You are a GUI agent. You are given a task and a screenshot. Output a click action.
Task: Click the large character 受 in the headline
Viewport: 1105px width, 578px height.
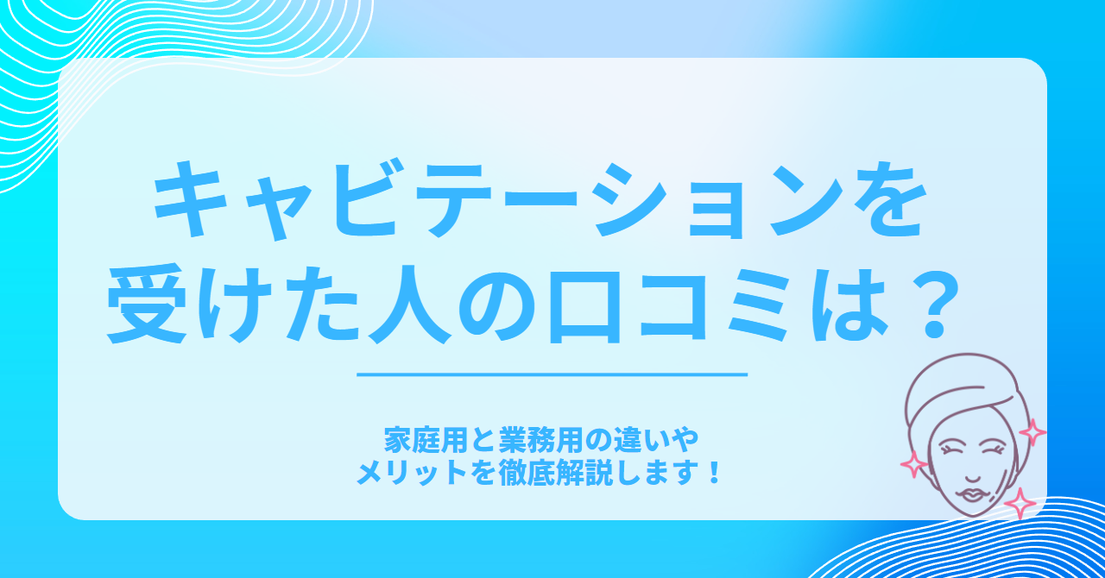(147, 305)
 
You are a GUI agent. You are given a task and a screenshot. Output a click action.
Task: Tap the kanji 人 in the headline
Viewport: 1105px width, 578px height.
(409, 305)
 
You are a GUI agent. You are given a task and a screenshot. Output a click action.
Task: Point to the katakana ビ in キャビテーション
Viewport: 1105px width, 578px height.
(365, 199)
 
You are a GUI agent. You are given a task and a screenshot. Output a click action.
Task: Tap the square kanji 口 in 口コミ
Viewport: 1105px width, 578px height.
(584, 308)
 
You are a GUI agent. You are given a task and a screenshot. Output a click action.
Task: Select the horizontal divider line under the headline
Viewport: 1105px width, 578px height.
(552, 374)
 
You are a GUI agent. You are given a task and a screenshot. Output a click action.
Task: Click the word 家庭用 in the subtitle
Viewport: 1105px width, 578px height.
(426, 441)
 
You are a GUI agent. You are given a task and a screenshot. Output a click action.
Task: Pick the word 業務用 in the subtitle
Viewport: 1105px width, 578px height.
(541, 441)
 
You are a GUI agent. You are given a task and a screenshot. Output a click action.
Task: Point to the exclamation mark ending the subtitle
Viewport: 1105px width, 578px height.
(713, 473)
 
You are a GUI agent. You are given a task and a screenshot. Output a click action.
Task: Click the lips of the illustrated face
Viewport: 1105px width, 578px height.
(969, 494)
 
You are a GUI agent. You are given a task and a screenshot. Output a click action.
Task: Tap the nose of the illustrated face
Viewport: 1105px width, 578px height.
(973, 477)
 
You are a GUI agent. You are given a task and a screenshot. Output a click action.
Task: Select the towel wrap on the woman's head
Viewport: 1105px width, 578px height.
(961, 390)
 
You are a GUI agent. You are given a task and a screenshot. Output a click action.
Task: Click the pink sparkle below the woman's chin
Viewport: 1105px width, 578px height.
(1020, 504)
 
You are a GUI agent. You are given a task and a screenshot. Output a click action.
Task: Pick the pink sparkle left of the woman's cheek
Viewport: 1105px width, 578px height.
(913, 464)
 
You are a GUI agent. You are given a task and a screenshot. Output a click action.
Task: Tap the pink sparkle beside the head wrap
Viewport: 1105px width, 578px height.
(1032, 432)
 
